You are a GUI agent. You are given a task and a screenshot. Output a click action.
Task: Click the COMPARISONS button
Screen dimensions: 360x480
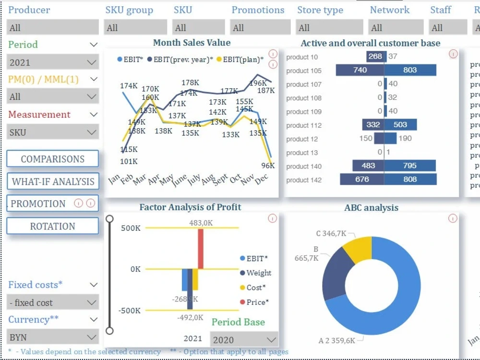52,159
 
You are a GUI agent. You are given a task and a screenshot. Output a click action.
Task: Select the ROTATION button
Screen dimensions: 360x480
52,226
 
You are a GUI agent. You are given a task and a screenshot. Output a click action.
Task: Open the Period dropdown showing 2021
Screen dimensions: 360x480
53,62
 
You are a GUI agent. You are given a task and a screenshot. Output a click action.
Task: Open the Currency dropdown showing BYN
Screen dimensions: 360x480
53,337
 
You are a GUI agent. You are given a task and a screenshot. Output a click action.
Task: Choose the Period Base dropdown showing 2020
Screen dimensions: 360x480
244,340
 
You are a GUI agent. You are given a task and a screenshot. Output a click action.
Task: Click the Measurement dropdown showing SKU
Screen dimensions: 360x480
53,132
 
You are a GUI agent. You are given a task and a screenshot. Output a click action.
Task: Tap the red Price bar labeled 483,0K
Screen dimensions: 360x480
201,248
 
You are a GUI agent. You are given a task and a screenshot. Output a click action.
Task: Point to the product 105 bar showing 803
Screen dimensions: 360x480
410,71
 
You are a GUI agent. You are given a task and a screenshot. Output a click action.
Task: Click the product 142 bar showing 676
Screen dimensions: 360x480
362,180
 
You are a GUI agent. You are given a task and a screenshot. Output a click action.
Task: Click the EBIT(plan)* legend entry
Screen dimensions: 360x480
240,60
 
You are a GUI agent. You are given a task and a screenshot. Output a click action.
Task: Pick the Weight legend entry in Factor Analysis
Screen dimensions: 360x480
255,273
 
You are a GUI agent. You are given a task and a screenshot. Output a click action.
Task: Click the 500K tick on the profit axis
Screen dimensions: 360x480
131,228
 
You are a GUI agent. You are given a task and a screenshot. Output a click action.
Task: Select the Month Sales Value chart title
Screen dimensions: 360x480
192,43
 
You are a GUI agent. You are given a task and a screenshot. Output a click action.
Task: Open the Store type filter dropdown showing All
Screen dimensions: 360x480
329,27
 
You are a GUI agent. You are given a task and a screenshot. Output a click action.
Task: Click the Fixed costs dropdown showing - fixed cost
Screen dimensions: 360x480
53,303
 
